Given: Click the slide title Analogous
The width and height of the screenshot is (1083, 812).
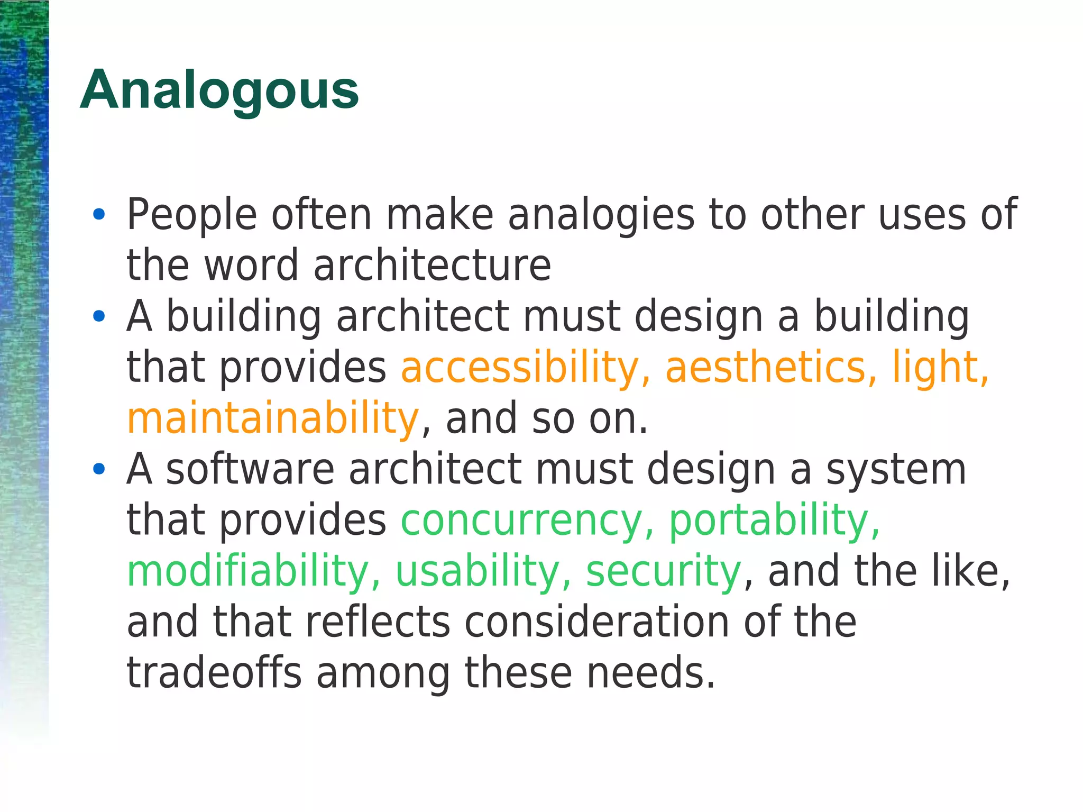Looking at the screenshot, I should [219, 90].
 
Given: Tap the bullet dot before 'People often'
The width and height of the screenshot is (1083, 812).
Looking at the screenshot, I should [99, 214].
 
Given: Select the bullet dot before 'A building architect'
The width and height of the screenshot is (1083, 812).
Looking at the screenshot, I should [99, 316].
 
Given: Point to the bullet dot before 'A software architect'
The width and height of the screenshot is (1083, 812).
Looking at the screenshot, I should [99, 469].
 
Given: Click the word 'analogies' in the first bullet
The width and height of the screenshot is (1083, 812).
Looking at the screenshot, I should [601, 215].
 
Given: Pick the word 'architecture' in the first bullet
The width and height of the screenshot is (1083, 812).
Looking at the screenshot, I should [432, 265].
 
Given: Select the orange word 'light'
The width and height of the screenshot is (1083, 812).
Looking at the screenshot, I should [935, 367].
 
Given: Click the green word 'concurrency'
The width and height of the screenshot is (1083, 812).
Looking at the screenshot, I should [521, 521].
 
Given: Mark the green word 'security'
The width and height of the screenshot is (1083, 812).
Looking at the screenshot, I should [664, 571].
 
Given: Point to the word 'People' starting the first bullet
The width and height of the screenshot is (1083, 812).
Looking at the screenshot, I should [192, 215].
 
